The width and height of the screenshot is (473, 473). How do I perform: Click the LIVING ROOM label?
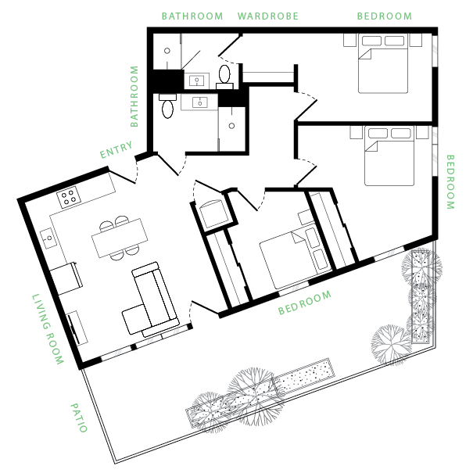(48, 330)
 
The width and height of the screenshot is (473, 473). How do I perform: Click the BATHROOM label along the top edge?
(192, 16)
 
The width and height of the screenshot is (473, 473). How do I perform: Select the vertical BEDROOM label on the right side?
(450, 181)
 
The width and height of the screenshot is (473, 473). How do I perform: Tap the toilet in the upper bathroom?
(224, 75)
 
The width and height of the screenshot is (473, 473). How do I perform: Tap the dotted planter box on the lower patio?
(304, 378)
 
